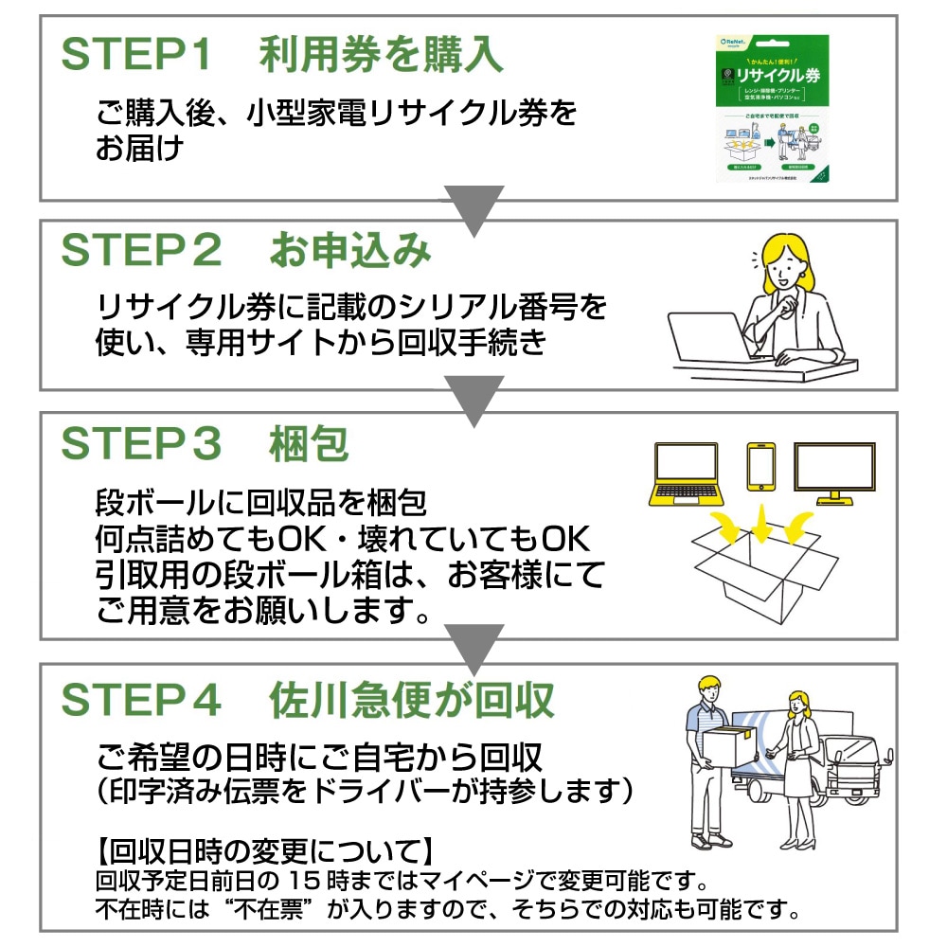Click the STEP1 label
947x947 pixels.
point(136,56)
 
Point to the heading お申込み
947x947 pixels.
point(350,251)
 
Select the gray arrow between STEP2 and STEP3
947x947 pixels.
point(473,401)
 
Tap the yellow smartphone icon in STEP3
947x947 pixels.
point(760,467)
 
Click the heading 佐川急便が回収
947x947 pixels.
point(412,700)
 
